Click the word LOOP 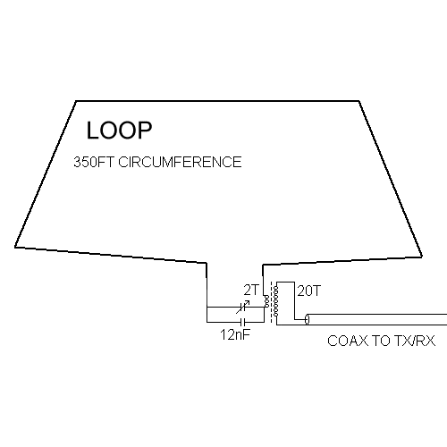119,131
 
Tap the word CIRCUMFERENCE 180,162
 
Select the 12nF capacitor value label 235,334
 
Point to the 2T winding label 252,290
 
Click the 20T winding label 309,291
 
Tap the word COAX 348,341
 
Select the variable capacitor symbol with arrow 242,307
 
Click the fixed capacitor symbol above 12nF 242,322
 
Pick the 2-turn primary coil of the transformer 266,301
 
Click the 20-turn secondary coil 275,300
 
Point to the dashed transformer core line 271,301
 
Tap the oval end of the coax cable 308,319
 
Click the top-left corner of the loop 76,101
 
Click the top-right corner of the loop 358,101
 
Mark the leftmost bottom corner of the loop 15,247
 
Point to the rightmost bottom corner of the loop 422,257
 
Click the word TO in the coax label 381,341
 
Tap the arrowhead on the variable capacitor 248,302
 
